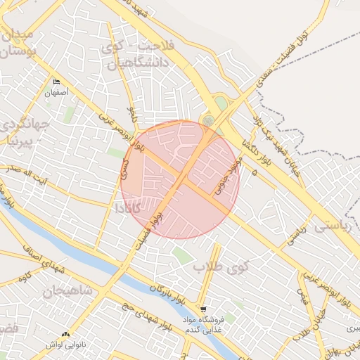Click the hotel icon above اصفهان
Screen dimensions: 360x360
pyautogui.click(x=56, y=82)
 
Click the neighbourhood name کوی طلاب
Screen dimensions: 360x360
pyautogui.click(x=222, y=268)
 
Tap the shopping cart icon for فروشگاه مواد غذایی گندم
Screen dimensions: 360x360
pyautogui.click(x=203, y=309)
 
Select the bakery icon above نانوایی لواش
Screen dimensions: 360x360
pyautogui.click(x=65, y=335)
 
